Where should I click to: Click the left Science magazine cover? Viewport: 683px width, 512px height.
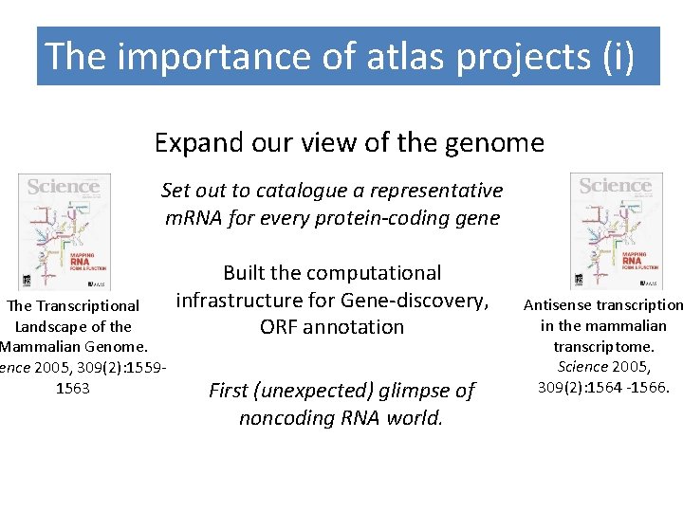65,230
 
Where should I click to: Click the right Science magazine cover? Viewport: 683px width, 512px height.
616,230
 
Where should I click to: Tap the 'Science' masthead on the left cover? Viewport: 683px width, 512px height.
64,187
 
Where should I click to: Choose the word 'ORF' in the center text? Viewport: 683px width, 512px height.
282,327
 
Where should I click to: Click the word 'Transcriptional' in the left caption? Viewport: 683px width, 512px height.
87,306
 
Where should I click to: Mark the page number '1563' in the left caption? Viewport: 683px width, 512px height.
74,388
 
